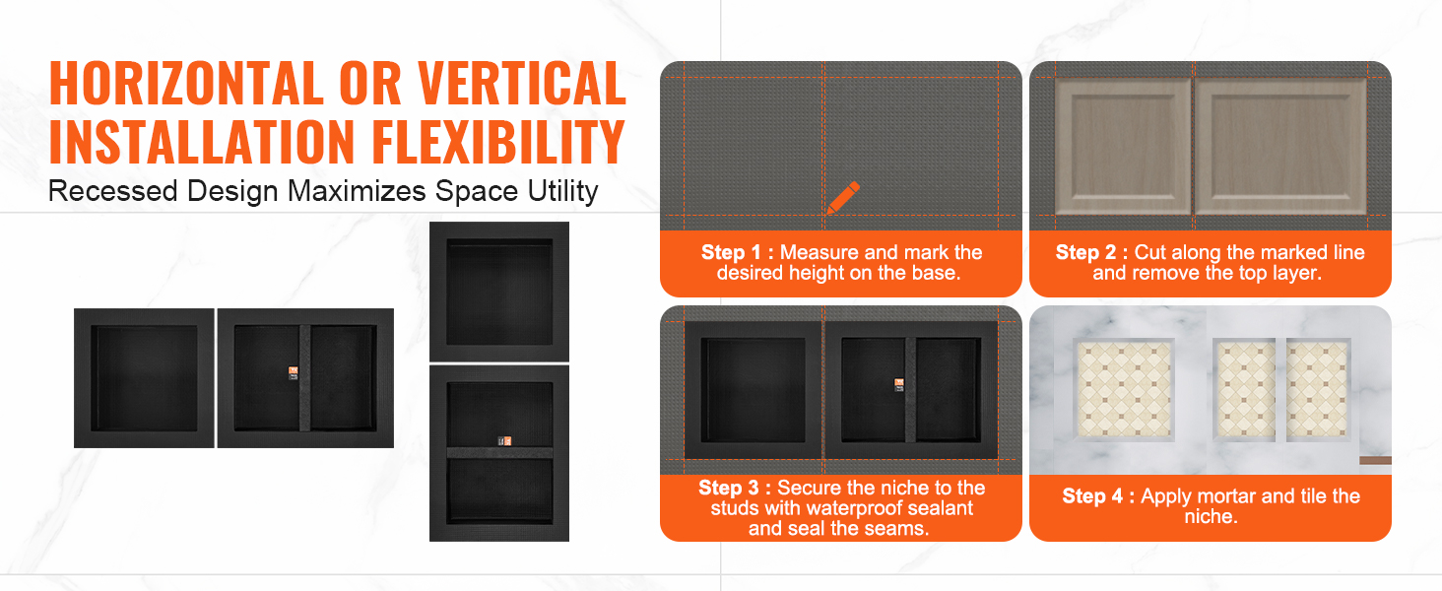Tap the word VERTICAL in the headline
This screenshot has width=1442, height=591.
point(521,83)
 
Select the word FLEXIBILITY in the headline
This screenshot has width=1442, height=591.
point(497,142)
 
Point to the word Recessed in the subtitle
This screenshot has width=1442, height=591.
point(113,191)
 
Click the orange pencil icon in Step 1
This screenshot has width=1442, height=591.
point(843,198)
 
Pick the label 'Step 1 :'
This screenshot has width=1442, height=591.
point(737,252)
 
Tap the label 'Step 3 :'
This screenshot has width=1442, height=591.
point(735,488)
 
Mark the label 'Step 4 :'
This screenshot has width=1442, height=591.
point(1098,495)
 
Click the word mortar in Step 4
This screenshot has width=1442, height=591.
point(1226,496)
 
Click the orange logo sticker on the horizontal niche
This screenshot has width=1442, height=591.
point(294,372)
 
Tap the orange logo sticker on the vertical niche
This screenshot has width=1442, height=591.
point(504,441)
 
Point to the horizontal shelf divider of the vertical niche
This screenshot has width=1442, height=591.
point(499,452)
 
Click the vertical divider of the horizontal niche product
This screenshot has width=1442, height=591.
point(305,378)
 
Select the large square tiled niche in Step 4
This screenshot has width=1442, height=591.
point(1124,389)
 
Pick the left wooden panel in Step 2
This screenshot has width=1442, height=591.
point(1123,147)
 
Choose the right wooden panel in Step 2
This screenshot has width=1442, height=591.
point(1280,147)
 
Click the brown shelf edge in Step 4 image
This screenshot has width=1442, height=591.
point(1375,460)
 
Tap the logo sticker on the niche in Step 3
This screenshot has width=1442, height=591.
point(899,385)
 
